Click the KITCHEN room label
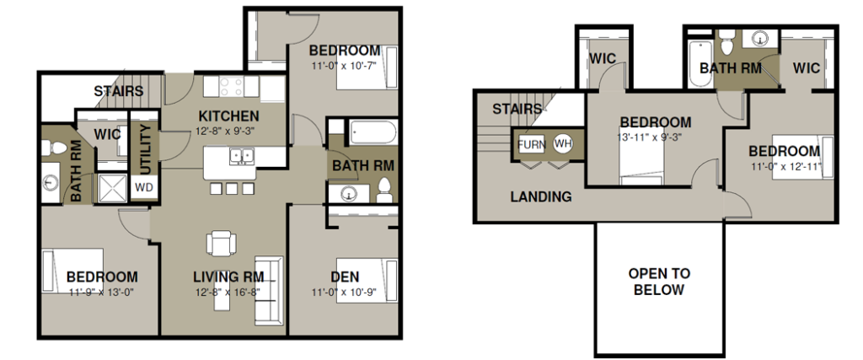tap(228, 116)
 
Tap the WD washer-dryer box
tap(143, 187)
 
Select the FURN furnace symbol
tap(532, 145)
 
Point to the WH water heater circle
tap(563, 144)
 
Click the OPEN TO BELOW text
tap(659, 282)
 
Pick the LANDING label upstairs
tap(541, 196)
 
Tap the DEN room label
tap(346, 277)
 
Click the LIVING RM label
tap(228, 277)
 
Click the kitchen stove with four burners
tap(231, 87)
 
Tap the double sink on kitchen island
tap(241, 156)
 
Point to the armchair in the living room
tap(222, 243)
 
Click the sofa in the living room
tap(268, 290)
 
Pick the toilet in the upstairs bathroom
tap(727, 42)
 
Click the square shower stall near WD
tap(112, 188)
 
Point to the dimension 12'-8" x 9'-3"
tap(227, 131)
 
